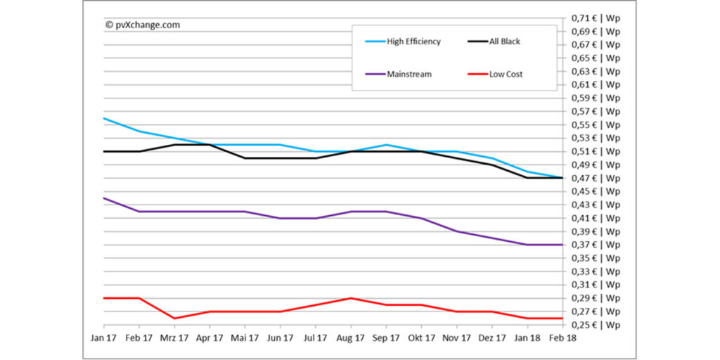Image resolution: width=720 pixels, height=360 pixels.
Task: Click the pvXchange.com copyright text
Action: [x=143, y=25]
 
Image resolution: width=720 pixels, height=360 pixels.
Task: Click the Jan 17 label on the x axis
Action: [x=103, y=338]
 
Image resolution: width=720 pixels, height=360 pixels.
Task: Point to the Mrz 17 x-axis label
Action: [x=174, y=338]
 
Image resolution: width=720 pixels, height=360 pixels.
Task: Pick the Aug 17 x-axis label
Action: [x=350, y=338]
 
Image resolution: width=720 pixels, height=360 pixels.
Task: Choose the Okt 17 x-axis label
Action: [x=421, y=338]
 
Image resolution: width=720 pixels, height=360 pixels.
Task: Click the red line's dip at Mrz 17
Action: [x=174, y=319]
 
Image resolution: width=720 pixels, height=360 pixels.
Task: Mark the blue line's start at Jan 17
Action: [x=104, y=118]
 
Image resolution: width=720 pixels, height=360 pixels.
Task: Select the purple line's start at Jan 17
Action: [x=104, y=198]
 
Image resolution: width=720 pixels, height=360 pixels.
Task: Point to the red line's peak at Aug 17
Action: [x=351, y=298]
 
